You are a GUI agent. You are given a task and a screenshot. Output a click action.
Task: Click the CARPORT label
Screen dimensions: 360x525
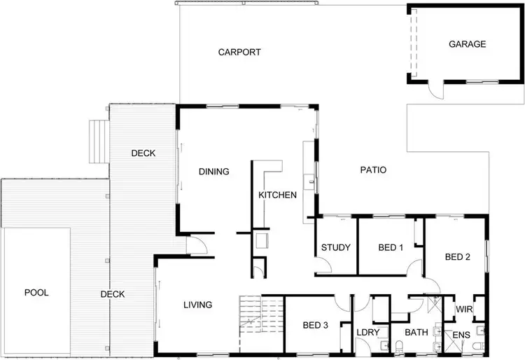click(x=239, y=52)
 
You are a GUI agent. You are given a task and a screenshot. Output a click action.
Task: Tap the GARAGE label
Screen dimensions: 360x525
click(x=467, y=44)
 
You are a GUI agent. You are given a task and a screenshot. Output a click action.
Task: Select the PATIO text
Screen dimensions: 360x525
click(x=373, y=169)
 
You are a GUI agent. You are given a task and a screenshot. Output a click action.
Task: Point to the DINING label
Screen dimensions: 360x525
click(x=214, y=172)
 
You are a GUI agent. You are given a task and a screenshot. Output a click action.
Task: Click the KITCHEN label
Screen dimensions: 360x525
click(x=278, y=195)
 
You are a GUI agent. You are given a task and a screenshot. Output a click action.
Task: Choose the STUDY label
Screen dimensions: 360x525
click(x=335, y=247)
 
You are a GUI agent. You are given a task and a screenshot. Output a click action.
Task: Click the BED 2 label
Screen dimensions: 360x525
click(x=458, y=257)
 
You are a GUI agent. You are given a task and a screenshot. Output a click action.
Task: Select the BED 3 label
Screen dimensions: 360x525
click(x=315, y=325)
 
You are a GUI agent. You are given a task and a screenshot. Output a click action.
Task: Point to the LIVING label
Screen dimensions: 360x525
click(x=197, y=305)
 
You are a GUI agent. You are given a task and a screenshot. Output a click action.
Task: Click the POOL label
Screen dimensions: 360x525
click(x=36, y=292)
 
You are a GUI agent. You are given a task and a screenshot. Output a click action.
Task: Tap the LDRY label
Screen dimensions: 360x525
click(x=367, y=332)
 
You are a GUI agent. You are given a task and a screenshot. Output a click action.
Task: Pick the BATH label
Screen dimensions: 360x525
click(x=416, y=332)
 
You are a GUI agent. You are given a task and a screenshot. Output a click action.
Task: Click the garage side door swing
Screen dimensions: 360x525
click(x=435, y=91)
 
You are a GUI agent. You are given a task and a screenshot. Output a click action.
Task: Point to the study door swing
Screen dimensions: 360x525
click(x=323, y=265)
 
